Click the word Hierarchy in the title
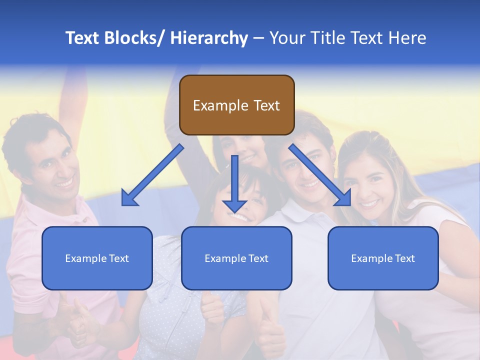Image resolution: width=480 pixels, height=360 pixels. [x=209, y=38]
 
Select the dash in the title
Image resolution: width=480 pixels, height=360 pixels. [x=258, y=38]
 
